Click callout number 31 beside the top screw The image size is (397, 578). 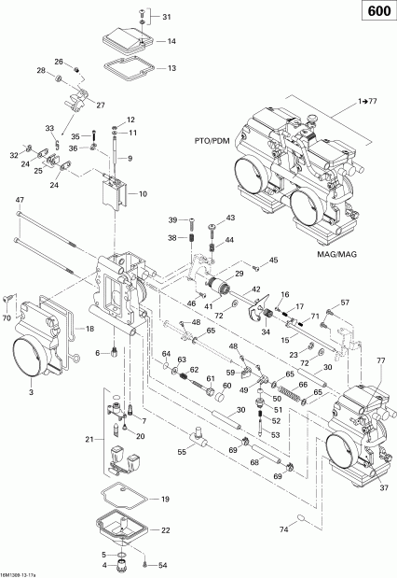[167, 18]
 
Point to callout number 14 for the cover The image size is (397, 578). [171, 42]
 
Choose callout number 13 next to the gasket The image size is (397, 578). [171, 68]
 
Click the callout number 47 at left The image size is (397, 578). [20, 201]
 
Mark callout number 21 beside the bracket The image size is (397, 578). [89, 438]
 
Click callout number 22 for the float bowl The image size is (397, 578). [166, 530]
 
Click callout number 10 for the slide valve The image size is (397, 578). [143, 194]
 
